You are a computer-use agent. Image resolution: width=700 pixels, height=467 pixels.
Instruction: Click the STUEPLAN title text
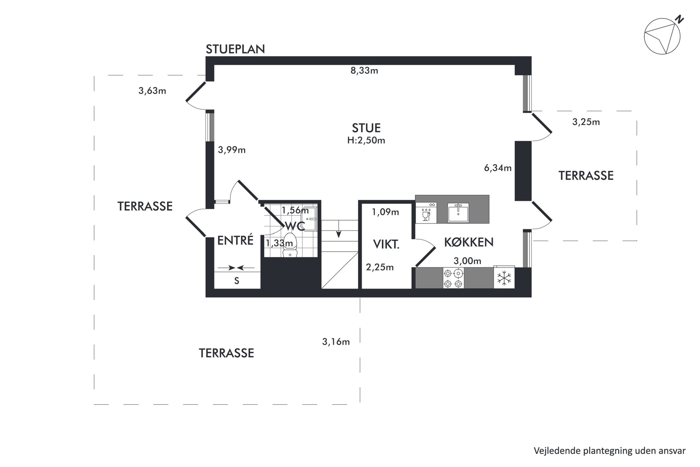pos(235,49)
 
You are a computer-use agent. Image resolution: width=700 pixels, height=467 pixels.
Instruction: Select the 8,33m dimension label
pos(364,71)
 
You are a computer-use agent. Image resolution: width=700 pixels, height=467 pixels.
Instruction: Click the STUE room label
pos(366,128)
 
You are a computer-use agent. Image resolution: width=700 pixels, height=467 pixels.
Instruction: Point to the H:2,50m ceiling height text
pos(366,140)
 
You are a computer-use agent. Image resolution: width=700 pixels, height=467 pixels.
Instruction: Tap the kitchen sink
pos(458,212)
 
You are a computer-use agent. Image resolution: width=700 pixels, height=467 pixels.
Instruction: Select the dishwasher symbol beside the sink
pos(426,212)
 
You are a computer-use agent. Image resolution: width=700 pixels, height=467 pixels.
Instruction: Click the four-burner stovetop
pos(453,278)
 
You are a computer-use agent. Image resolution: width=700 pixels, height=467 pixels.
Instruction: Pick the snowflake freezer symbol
pos(504,278)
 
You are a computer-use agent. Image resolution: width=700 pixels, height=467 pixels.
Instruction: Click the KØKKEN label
pos(469,242)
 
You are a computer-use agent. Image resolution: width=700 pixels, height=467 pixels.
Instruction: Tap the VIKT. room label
pos(386,244)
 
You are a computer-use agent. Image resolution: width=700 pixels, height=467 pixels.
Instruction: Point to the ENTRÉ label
pos(235,240)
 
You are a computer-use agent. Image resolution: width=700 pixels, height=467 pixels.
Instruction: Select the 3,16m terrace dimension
pos(336,342)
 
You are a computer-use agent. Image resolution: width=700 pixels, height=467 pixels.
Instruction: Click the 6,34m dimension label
pos(497,168)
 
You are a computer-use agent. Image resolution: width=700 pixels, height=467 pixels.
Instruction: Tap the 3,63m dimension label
pos(152,91)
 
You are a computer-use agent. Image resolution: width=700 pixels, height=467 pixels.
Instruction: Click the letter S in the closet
pos(237,281)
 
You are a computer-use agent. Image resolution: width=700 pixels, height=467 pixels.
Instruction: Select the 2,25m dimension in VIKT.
pos(380,267)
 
